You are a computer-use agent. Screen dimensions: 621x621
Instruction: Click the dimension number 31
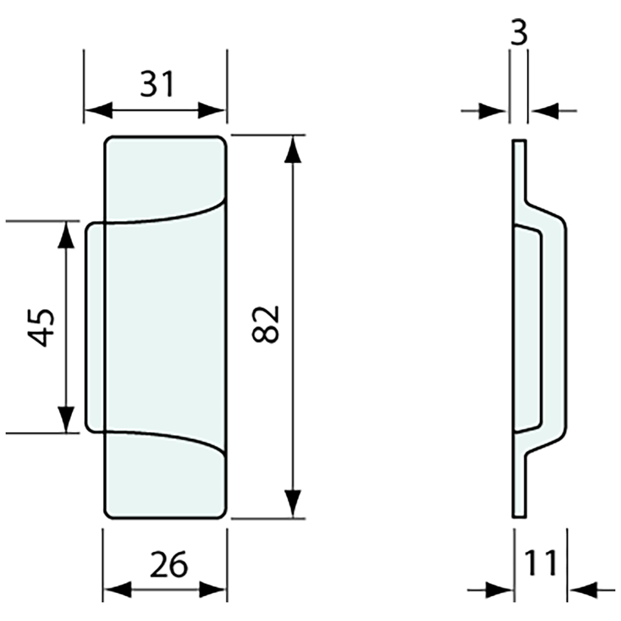158,84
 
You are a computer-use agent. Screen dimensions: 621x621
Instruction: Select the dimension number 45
41,327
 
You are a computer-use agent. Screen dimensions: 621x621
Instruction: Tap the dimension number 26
168,565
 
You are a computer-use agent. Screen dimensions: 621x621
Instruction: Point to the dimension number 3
518,33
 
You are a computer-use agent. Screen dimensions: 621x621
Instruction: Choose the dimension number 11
540,563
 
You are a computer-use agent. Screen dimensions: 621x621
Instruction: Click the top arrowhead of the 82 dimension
292,148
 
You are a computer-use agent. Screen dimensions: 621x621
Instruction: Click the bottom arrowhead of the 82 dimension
292,504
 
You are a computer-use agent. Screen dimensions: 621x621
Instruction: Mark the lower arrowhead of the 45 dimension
67,419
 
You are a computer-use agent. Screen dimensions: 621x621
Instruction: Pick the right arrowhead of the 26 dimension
213,591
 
